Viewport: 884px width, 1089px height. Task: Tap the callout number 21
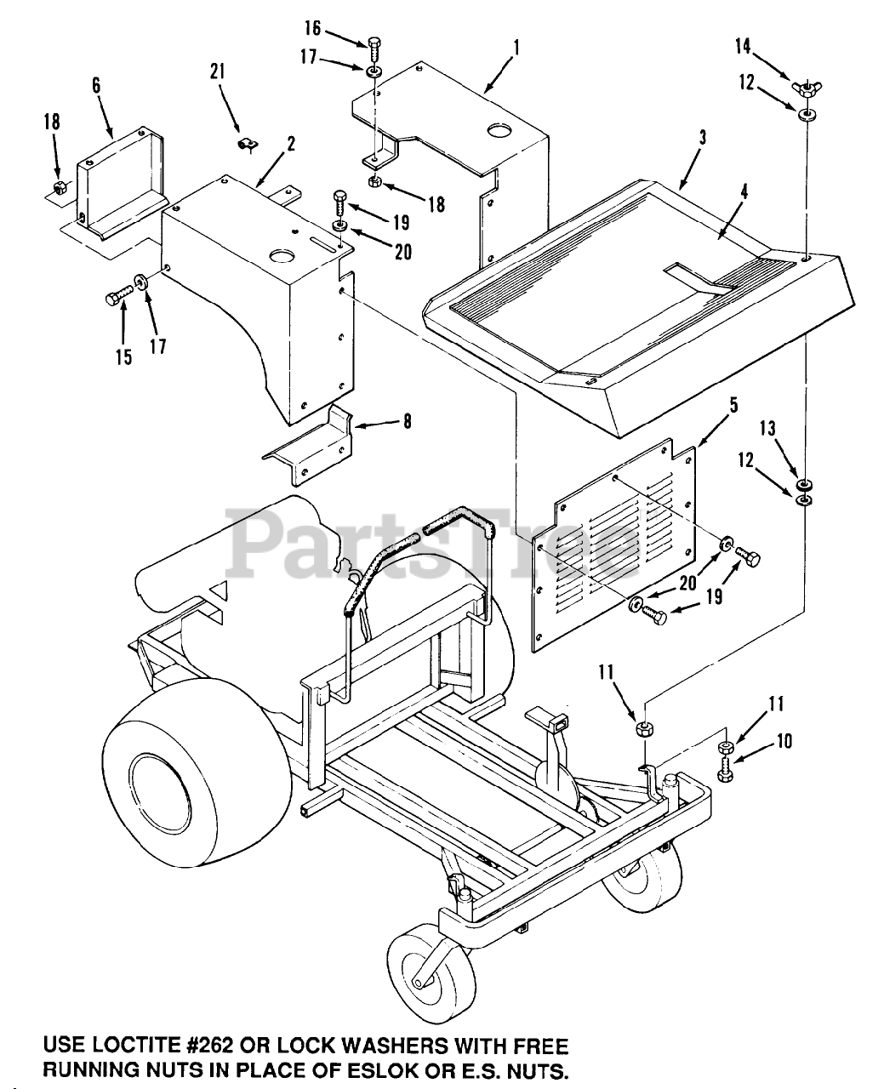pos(218,72)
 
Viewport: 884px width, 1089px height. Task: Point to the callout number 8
pos(408,420)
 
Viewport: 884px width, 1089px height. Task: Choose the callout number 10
pos(784,742)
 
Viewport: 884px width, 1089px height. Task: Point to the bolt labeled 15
pos(116,298)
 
